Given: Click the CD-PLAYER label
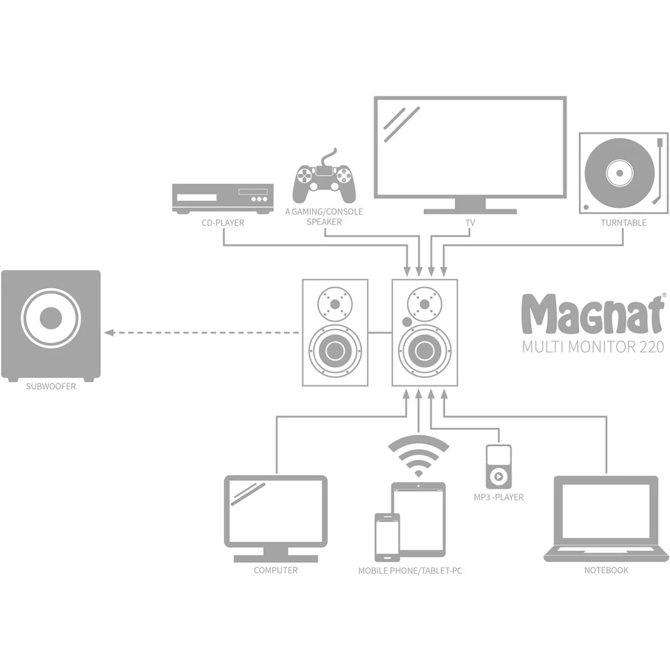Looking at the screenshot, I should pos(222,222).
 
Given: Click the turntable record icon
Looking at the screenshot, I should pos(619,173).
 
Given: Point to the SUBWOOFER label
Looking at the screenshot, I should pos(50,386).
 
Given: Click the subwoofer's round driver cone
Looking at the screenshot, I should pos(50,319).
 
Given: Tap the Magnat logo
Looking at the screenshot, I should pos(592,314).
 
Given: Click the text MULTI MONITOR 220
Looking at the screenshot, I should pos(592,346).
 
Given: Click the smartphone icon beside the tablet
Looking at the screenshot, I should pos(387,537).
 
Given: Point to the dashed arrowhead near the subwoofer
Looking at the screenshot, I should pos(110,332).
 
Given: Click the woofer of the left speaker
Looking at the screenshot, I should pos(335,350).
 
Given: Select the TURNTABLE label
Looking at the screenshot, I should pos(624,222).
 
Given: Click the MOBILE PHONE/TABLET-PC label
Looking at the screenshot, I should pos(410,571).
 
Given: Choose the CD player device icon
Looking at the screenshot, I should pos(222,198).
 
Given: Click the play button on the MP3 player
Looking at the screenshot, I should pos(499,476).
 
